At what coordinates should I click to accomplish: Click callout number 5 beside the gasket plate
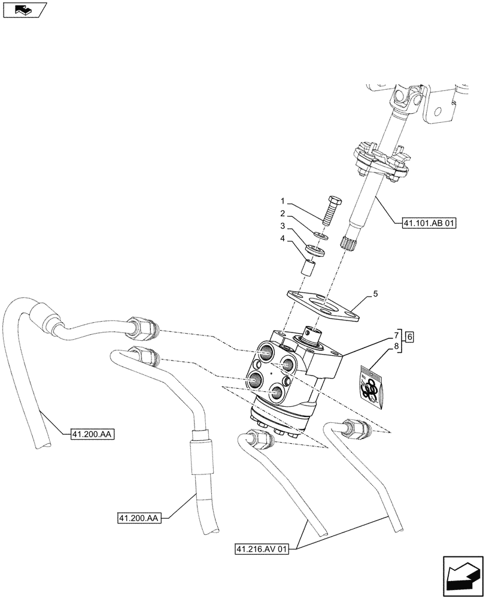coord(375,294)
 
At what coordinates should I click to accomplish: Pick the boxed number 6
coord(409,337)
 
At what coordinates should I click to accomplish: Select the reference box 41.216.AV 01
coord(262,548)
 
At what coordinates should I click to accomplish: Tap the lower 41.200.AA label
coord(137,517)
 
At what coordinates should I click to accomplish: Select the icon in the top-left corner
coord(24,9)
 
